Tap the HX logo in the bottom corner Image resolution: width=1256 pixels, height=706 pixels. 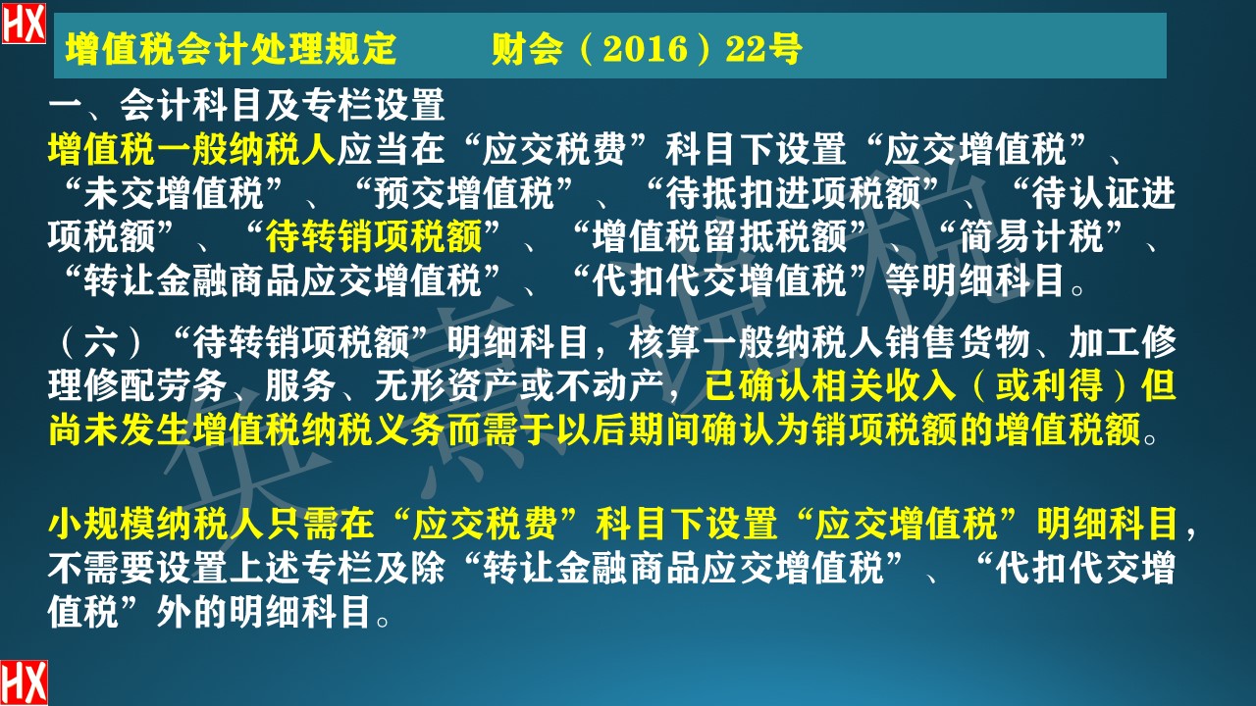[x=24, y=682]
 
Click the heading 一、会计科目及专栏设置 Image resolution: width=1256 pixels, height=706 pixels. [x=247, y=104]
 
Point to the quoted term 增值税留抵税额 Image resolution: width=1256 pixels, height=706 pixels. [x=731, y=238]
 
